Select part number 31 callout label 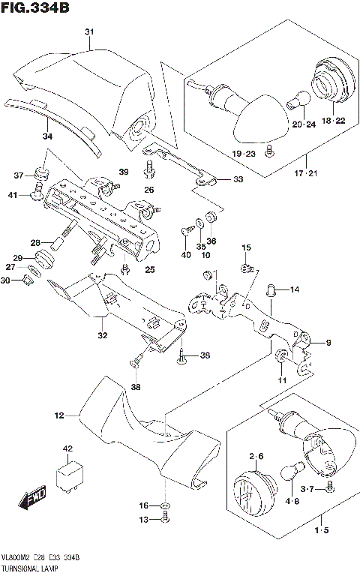coord(89,31)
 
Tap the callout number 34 coord(47,137)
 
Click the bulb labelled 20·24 coord(298,98)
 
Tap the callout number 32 coord(101,335)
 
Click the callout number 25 coord(149,269)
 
